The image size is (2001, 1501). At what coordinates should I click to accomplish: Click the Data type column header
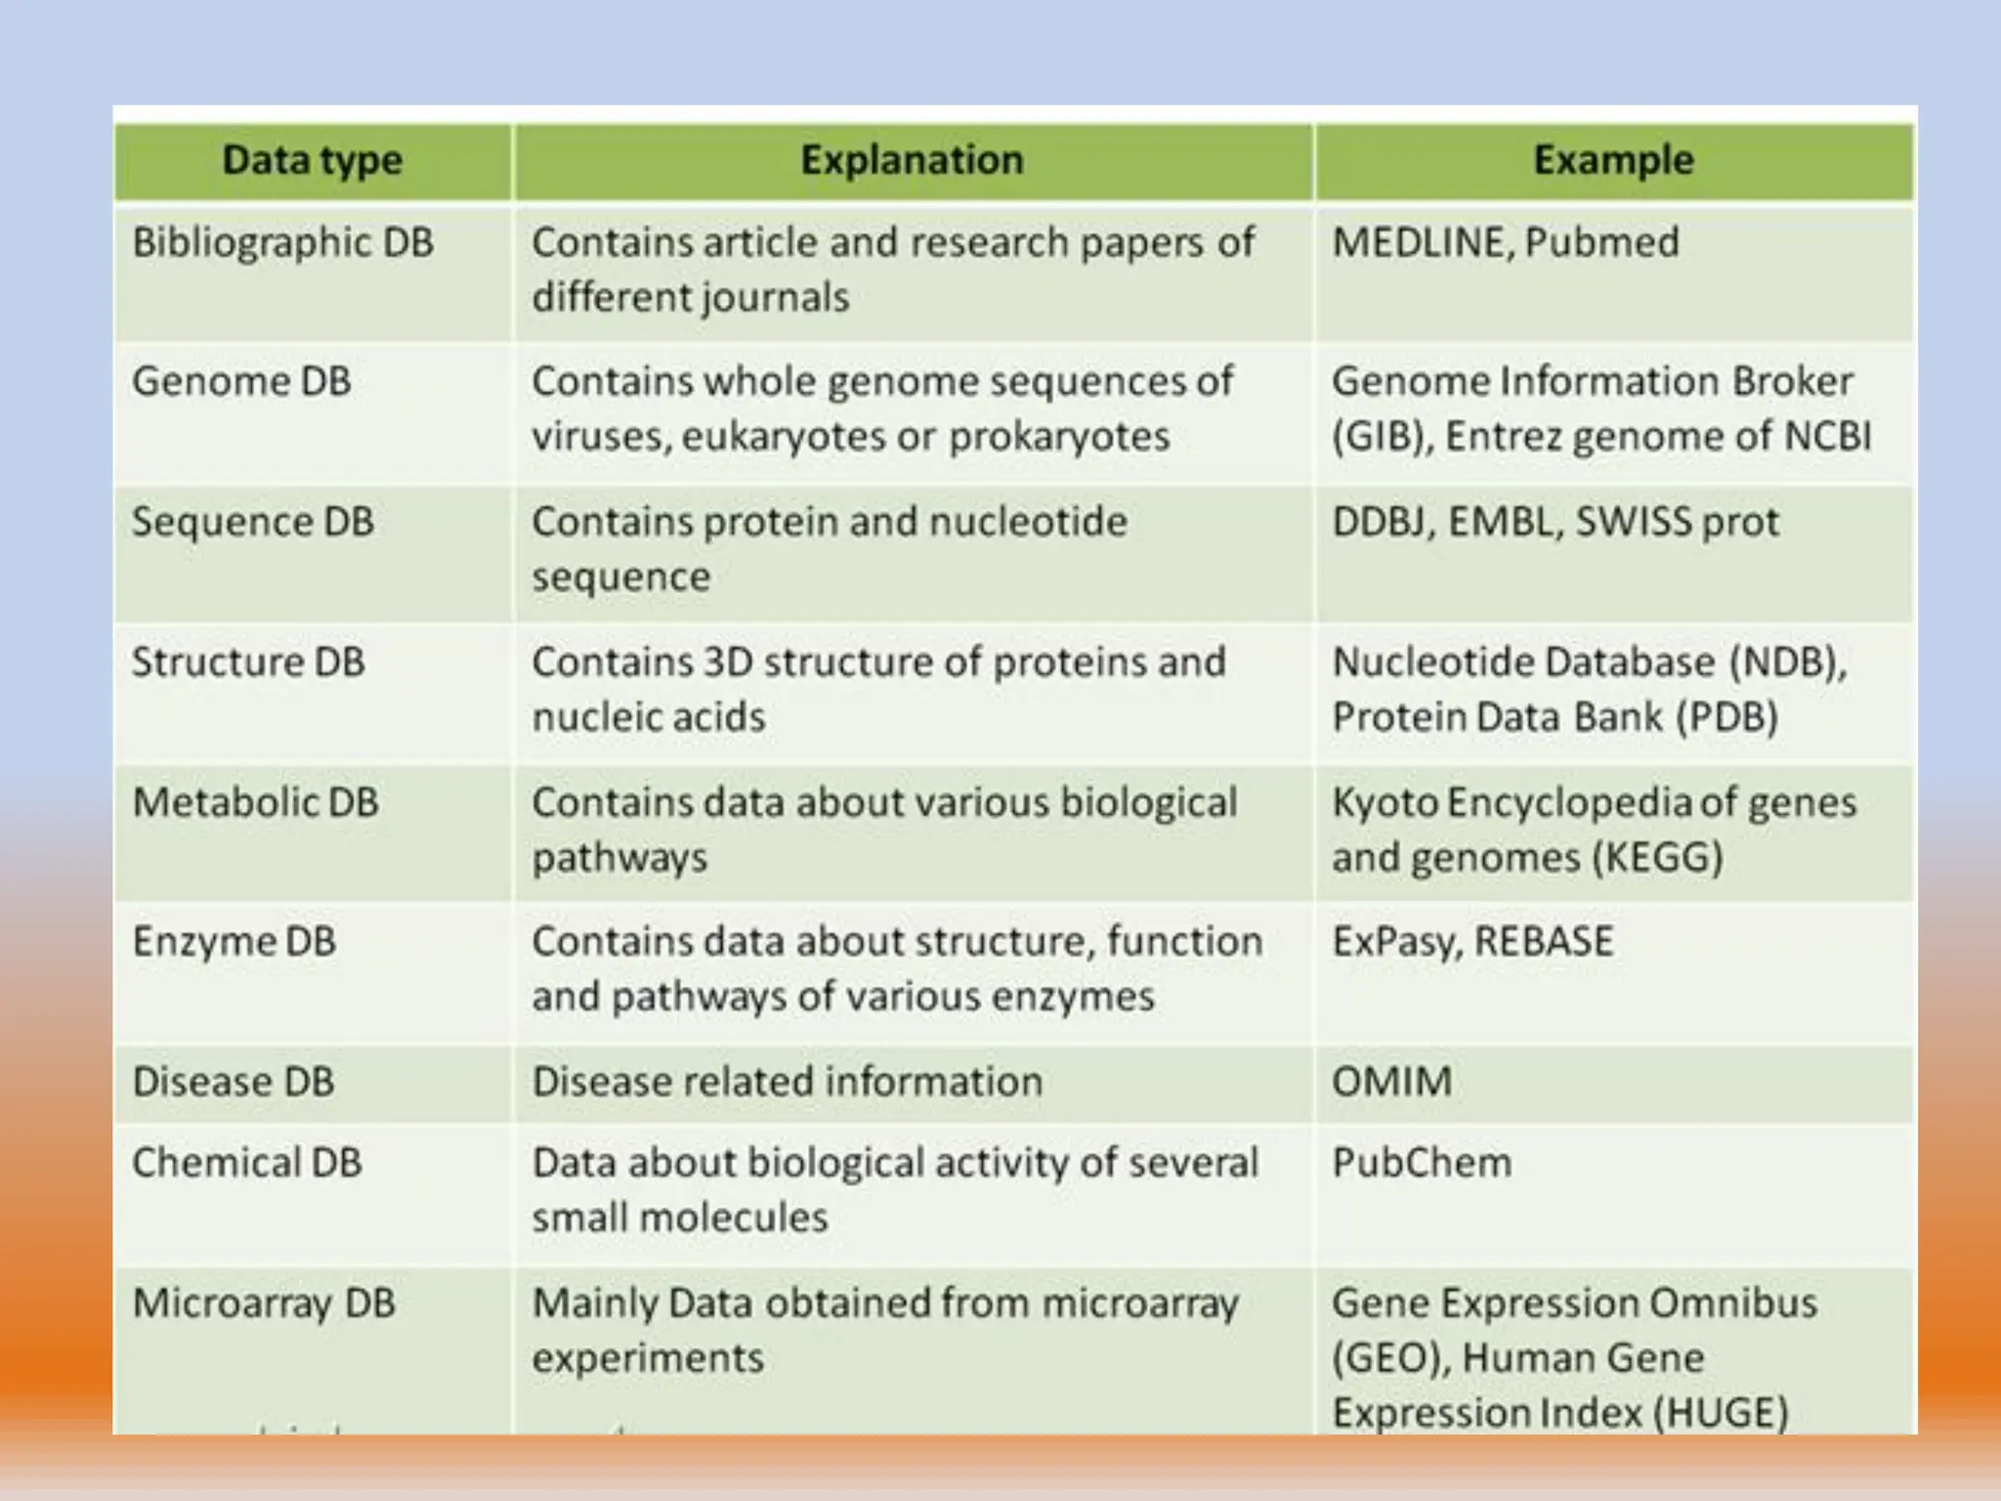tap(312, 160)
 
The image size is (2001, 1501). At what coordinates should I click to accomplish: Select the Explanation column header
tap(912, 160)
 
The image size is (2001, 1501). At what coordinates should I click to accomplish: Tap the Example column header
tap(1613, 160)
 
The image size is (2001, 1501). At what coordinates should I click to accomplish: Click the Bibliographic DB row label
tap(282, 242)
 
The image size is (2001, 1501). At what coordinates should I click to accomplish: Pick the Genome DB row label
tap(241, 381)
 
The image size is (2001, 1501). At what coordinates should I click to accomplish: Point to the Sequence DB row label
tap(253, 522)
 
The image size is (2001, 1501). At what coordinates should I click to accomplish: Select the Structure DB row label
tap(248, 663)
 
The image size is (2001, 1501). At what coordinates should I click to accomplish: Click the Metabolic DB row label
tap(255, 802)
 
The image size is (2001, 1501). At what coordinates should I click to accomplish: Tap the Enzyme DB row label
tap(234, 942)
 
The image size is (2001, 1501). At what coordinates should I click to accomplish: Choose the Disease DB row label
tap(234, 1082)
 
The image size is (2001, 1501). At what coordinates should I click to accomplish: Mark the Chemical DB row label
tap(247, 1163)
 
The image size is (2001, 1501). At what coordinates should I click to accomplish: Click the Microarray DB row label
tap(264, 1304)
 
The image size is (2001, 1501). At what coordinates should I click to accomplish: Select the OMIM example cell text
tap(1391, 1082)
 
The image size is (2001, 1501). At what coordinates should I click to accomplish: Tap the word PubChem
tap(1422, 1163)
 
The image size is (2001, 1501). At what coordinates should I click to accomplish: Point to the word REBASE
tap(1544, 942)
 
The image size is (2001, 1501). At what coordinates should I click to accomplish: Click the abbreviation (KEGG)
tap(1657, 858)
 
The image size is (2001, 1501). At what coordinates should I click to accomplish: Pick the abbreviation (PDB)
tap(1726, 717)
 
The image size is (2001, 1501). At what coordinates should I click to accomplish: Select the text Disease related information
tap(788, 1082)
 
